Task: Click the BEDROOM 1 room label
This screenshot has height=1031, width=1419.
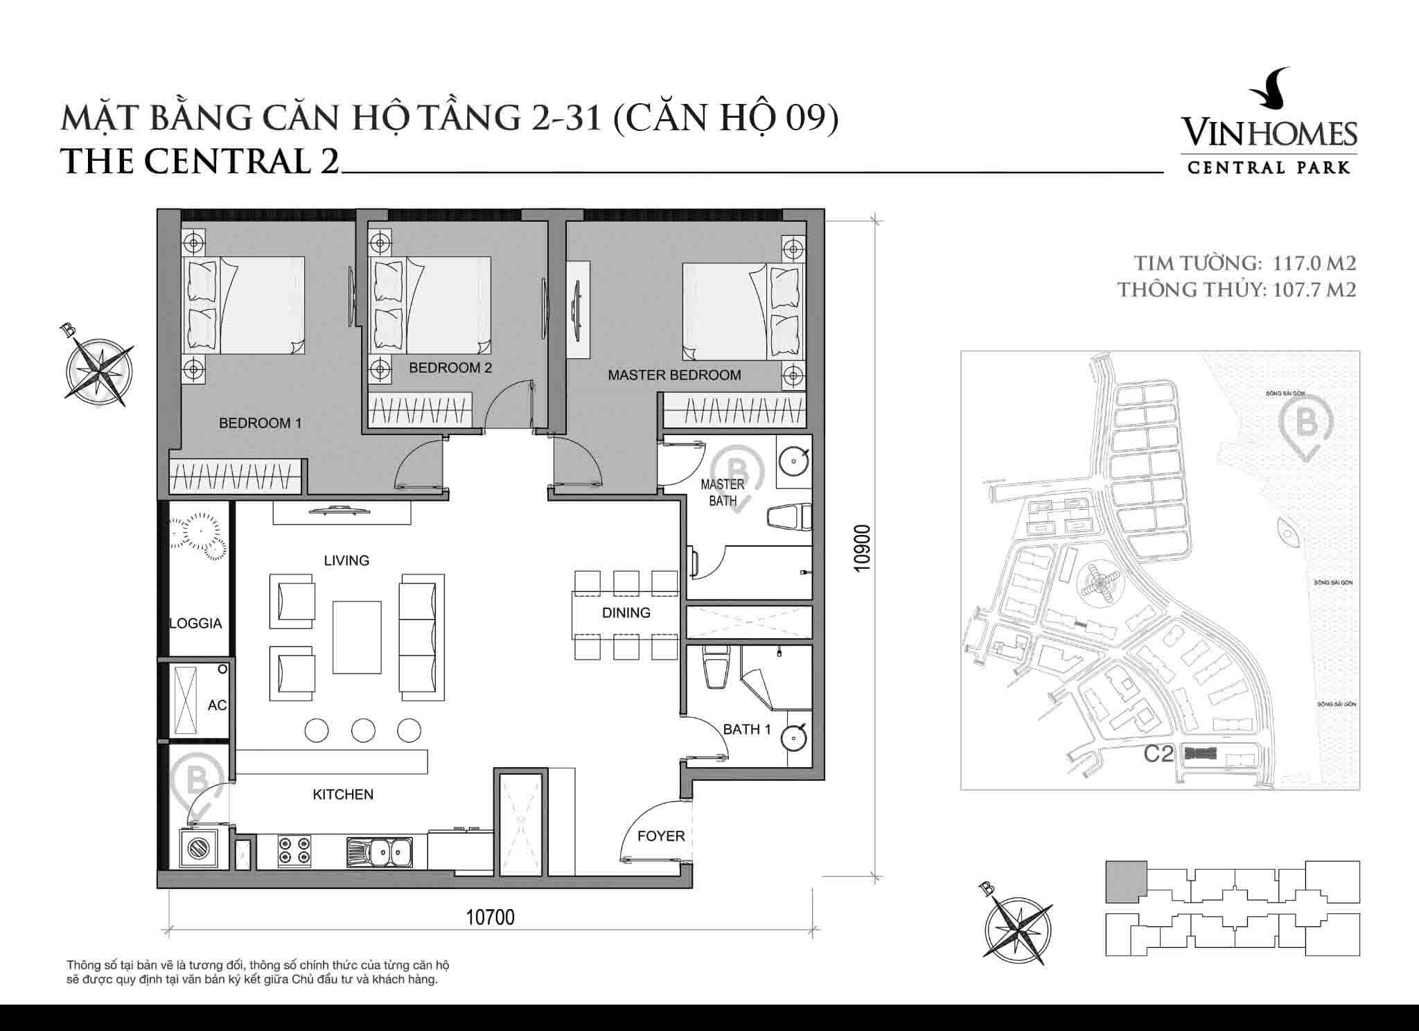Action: (x=260, y=423)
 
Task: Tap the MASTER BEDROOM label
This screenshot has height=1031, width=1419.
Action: (x=674, y=375)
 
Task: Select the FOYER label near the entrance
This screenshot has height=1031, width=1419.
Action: (x=660, y=836)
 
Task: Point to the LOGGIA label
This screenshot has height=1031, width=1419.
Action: (x=195, y=624)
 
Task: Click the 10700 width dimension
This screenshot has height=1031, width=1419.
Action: (x=490, y=917)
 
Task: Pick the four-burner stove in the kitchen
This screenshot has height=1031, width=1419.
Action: (x=294, y=851)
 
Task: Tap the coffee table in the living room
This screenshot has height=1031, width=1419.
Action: (x=357, y=637)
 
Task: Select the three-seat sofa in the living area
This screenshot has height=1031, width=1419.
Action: (x=421, y=632)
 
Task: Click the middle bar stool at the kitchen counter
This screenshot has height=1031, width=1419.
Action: (x=363, y=730)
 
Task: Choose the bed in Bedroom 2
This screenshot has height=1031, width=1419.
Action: (x=431, y=306)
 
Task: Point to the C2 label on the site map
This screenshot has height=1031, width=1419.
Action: (x=1158, y=754)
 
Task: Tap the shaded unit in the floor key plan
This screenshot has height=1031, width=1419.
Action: (x=1125, y=881)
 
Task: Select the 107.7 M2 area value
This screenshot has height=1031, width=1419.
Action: (x=1314, y=289)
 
